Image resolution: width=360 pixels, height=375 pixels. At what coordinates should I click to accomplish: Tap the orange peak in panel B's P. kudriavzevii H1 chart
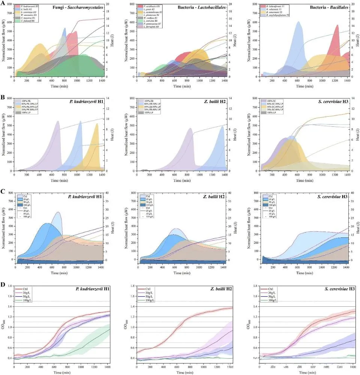pyautogui.click(x=97, y=124)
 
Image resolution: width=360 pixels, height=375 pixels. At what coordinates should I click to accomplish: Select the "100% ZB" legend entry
pyautogui.click(x=150, y=101)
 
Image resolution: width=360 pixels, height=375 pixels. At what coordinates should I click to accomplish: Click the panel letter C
pyautogui.click(x=2, y=191)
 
